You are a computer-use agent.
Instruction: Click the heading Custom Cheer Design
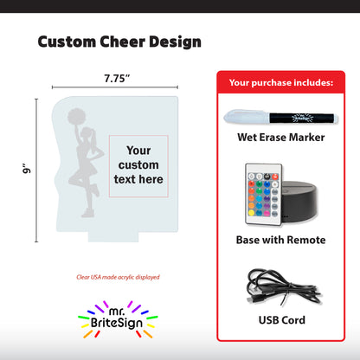119,42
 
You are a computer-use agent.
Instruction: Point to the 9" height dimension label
27,171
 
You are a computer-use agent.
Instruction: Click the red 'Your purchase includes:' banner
280,83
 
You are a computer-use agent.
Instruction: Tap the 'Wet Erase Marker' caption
280,138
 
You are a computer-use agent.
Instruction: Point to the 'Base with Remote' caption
280,240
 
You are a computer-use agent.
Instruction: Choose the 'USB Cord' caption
280,320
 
